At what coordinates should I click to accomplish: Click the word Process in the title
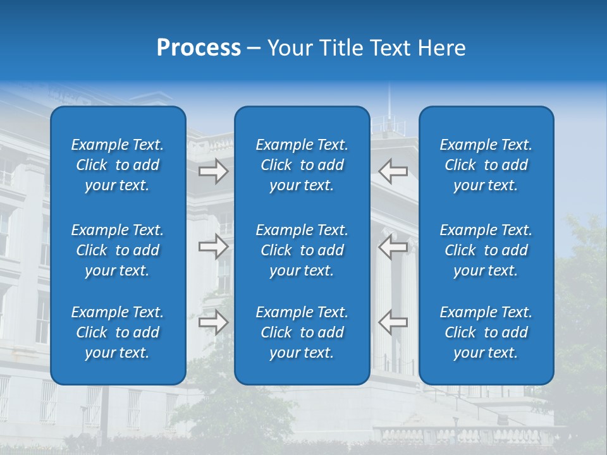(x=199, y=48)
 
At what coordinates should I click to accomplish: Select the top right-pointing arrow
(x=213, y=171)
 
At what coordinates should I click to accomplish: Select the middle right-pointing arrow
(x=213, y=246)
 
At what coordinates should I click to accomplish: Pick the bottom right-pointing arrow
(x=213, y=322)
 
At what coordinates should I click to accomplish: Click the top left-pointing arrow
(x=393, y=171)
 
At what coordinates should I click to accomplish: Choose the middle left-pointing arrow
(x=393, y=246)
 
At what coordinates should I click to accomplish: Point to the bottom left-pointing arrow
(x=393, y=322)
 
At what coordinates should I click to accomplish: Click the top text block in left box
(x=118, y=165)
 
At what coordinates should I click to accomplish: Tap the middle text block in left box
(x=118, y=250)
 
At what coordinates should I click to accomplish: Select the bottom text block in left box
(x=118, y=332)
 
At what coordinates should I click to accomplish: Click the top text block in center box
(x=302, y=165)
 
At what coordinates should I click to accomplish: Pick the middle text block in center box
(x=302, y=250)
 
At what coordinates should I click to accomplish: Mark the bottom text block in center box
(x=302, y=332)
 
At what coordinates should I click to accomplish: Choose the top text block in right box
(x=486, y=165)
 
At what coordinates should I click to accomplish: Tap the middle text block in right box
(x=486, y=250)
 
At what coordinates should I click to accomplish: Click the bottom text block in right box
(x=486, y=332)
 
